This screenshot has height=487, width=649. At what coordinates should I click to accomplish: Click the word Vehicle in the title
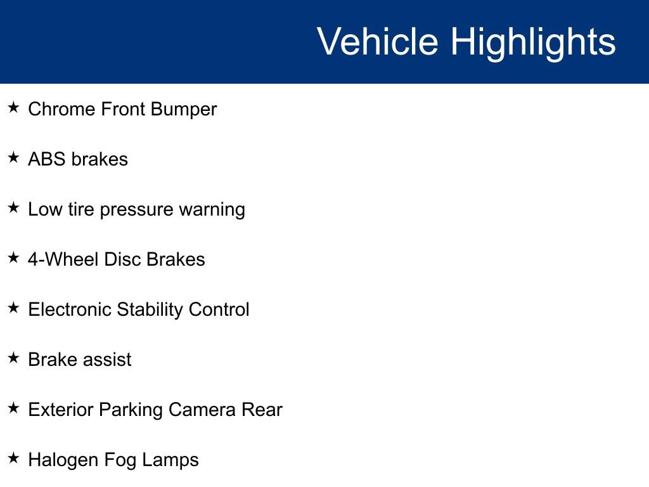(x=377, y=42)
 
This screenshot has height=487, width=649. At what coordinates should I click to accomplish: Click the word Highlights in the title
(x=533, y=42)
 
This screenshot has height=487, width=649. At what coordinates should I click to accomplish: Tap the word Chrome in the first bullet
(x=61, y=109)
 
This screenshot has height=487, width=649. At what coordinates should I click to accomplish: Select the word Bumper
(x=184, y=109)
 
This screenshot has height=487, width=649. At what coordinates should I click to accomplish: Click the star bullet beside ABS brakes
(x=13, y=158)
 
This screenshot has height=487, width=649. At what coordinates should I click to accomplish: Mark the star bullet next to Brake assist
(x=13, y=358)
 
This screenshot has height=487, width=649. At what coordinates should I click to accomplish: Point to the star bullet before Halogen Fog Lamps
(x=13, y=458)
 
